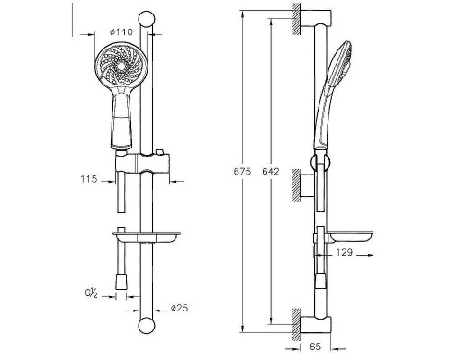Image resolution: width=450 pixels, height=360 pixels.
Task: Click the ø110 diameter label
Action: pyautogui.click(x=121, y=31)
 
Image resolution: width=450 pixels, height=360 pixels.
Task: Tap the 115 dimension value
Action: pyautogui.click(x=89, y=179)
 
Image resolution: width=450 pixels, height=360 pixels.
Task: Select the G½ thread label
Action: pyautogui.click(x=92, y=292)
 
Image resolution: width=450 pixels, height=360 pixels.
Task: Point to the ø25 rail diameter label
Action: pyautogui.click(x=179, y=308)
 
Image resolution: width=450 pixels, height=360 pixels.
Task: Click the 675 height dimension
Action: pyautogui.click(x=242, y=172)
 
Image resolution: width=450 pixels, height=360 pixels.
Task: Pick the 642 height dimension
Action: pyautogui.click(x=271, y=172)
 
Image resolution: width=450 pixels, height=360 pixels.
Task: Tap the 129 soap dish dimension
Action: pyautogui.click(x=344, y=253)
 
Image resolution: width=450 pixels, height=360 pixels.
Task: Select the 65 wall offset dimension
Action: pyautogui.click(x=315, y=346)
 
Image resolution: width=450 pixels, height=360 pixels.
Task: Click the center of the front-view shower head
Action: pyautogui.click(x=121, y=67)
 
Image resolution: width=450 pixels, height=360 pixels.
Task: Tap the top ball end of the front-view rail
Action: pyautogui.click(x=147, y=19)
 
